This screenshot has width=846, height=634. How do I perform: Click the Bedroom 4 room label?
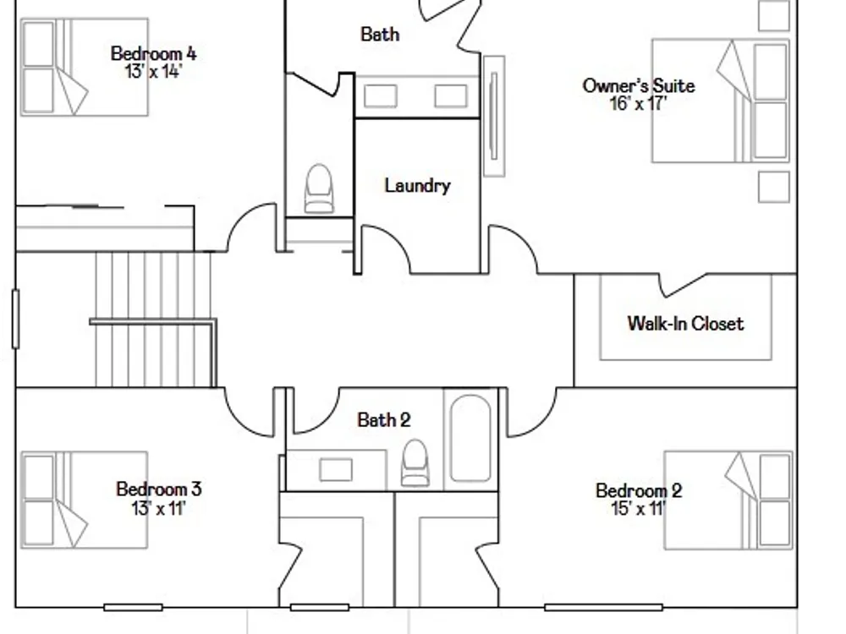click(x=154, y=53)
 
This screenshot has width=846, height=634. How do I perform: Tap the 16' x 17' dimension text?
click(x=638, y=103)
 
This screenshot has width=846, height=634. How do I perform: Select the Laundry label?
click(x=417, y=186)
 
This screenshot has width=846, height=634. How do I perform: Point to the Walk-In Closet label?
click(x=686, y=324)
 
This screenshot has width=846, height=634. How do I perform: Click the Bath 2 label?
click(x=383, y=420)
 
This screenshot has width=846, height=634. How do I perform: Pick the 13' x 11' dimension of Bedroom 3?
click(x=158, y=508)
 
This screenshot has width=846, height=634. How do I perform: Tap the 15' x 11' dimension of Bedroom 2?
click(x=638, y=508)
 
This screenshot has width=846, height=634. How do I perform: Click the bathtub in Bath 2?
click(x=470, y=438)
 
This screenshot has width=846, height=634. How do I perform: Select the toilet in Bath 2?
click(x=415, y=462)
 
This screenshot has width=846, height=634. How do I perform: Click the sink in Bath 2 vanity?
click(x=336, y=469)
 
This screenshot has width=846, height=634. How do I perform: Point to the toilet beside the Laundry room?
click(x=319, y=189)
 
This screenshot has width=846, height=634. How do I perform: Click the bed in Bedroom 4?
click(x=84, y=67)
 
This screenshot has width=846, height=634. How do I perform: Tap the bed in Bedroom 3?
click(x=84, y=500)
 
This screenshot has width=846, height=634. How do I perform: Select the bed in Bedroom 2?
click(x=728, y=500)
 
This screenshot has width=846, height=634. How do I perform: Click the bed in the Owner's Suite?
click(x=721, y=101)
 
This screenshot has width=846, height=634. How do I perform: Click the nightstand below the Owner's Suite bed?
click(x=774, y=187)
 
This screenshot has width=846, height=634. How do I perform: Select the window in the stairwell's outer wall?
click(x=15, y=319)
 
